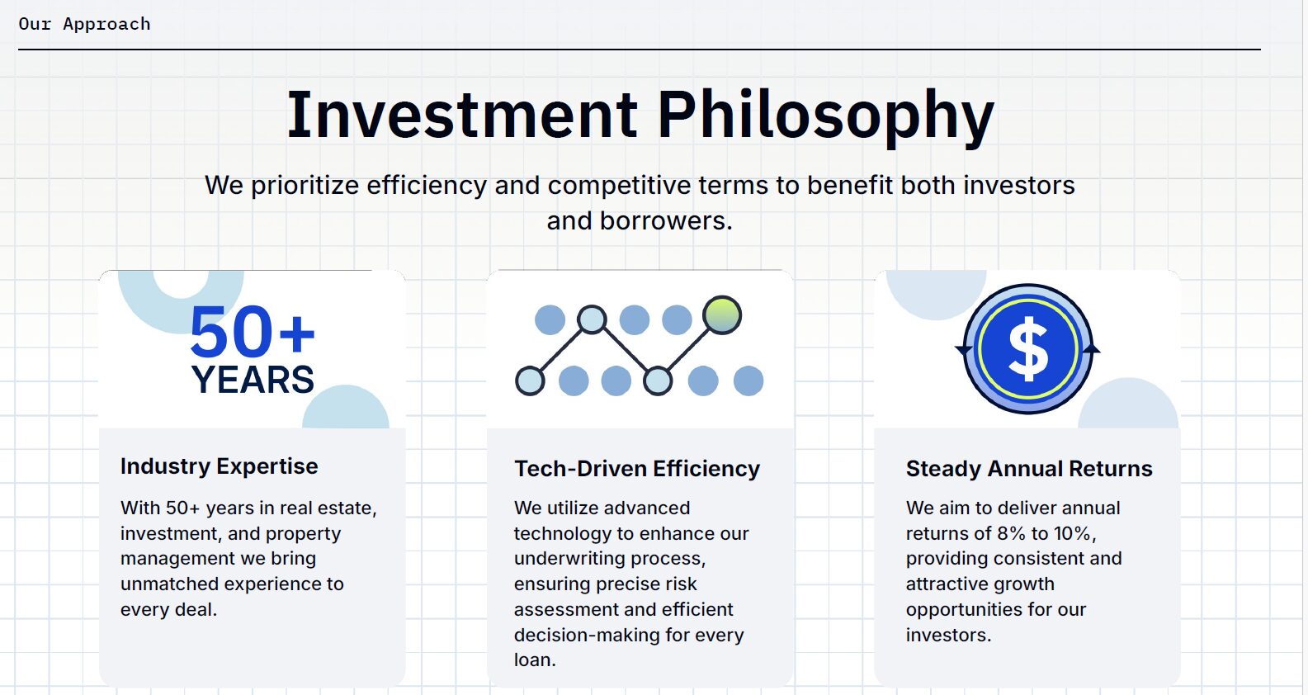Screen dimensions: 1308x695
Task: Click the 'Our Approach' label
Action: pyautogui.click(x=85, y=24)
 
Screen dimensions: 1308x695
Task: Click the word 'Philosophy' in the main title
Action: pyautogui.click(x=826, y=117)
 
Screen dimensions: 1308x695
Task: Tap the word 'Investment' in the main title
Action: pyautogui.click(x=462, y=115)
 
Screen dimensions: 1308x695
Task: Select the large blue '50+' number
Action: pyautogui.click(x=253, y=332)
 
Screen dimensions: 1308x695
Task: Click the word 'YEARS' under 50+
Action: pyautogui.click(x=253, y=381)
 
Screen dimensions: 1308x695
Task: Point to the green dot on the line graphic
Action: pyautogui.click(x=722, y=315)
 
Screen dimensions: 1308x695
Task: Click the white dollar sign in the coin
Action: pyautogui.click(x=1028, y=349)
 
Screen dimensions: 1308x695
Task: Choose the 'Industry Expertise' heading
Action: pyautogui.click(x=219, y=466)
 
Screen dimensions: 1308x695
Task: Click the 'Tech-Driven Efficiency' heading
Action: pyautogui.click(x=637, y=468)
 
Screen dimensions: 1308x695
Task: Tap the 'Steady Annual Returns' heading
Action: pyautogui.click(x=1029, y=468)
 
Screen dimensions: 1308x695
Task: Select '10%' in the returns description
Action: pyautogui.click(x=1072, y=533)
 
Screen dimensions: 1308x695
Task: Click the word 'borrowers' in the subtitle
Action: pyautogui.click(x=666, y=220)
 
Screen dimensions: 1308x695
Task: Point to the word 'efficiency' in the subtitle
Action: pyautogui.click(x=427, y=186)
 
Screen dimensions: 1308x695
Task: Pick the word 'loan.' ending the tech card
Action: pyautogui.click(x=535, y=660)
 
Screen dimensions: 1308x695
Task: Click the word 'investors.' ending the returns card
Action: pyautogui.click(x=949, y=635)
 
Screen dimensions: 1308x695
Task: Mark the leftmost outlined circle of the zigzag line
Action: pyautogui.click(x=530, y=381)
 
